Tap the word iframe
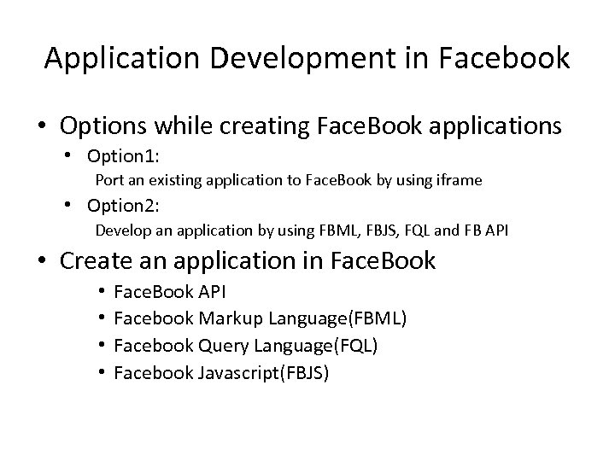pyautogui.click(x=460, y=180)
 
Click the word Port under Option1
pyautogui.click(x=108, y=180)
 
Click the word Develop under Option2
pyautogui.click(x=120, y=230)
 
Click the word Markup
pyautogui.click(x=231, y=319)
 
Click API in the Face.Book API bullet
pyautogui.click(x=211, y=293)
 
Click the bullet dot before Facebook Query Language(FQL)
pyautogui.click(x=101, y=346)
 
